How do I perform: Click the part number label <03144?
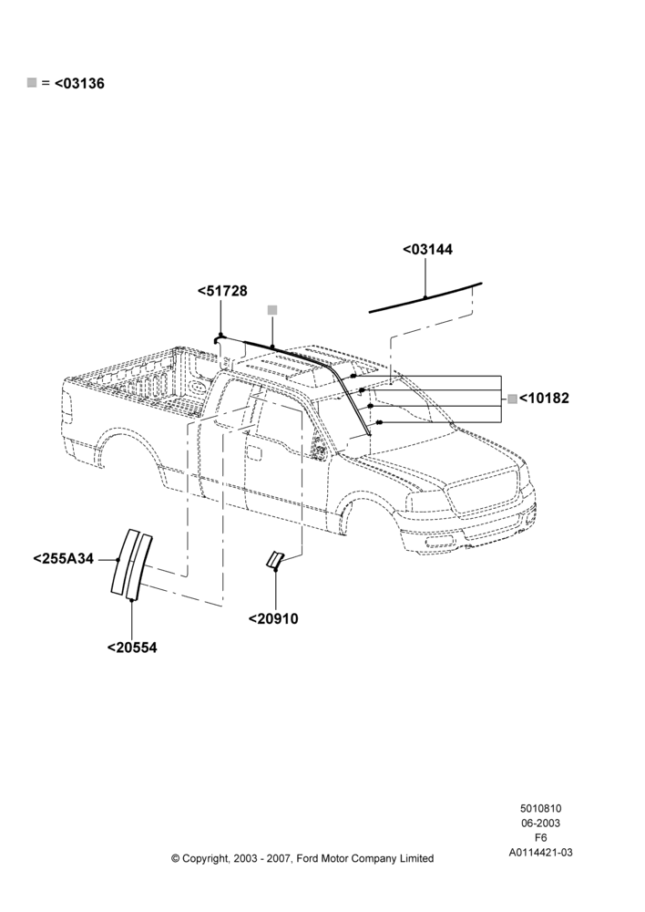click(427, 250)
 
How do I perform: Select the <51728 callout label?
click(222, 291)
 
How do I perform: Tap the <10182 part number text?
click(544, 399)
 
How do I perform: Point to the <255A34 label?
click(64, 559)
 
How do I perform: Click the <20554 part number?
click(132, 648)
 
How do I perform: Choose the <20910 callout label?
click(273, 619)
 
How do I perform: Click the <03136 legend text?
click(79, 84)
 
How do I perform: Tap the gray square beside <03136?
click(32, 83)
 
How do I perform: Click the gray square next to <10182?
click(513, 399)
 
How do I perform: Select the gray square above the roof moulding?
click(272, 310)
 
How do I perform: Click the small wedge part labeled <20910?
click(273, 560)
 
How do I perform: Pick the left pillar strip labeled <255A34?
click(125, 561)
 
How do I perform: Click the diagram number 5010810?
click(540, 808)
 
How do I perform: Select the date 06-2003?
click(540, 823)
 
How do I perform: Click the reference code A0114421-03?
click(540, 853)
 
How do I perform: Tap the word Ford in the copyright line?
click(308, 858)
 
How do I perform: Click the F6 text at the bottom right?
click(540, 838)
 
